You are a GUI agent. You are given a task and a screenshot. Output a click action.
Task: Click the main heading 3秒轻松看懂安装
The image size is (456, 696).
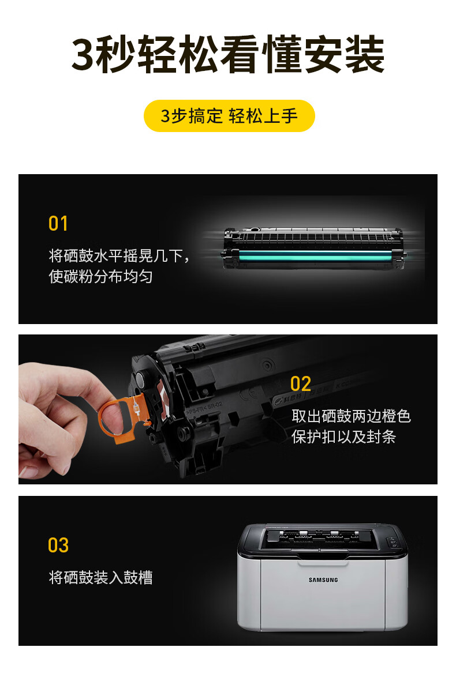pyautogui.click(x=228, y=55)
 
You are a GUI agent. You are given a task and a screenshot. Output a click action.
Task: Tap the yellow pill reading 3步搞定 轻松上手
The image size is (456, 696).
pyautogui.click(x=229, y=116)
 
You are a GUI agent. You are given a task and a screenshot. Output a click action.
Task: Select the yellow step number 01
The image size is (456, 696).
pyautogui.click(x=58, y=223)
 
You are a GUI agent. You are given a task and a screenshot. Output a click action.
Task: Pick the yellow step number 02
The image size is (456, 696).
pyautogui.click(x=301, y=383)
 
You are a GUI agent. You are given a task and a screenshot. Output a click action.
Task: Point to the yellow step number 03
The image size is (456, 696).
pyautogui.click(x=58, y=545)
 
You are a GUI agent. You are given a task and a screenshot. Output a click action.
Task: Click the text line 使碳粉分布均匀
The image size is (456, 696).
pyautogui.click(x=100, y=276)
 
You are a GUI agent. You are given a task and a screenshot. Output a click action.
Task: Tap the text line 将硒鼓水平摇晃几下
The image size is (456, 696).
pyautogui.click(x=115, y=255)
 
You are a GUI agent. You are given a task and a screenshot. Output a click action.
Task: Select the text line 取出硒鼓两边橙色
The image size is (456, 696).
pyautogui.click(x=351, y=416)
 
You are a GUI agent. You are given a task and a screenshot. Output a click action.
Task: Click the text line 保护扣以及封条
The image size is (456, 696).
pyautogui.click(x=343, y=437)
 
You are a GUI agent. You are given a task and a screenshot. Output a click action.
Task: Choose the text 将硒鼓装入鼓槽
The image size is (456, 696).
pyautogui.click(x=101, y=578)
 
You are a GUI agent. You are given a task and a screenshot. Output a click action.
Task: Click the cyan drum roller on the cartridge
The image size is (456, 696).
pyautogui.click(x=315, y=255)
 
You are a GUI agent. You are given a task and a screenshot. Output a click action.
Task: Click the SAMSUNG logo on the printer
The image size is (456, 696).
pyautogui.click(x=323, y=580)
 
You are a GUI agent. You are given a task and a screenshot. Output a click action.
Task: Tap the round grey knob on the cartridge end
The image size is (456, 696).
pyautogui.click(x=140, y=379)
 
